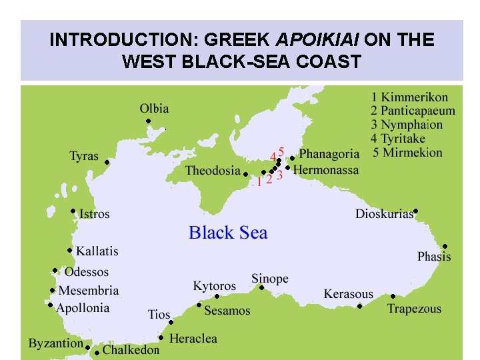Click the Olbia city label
[154, 109]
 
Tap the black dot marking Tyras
[107, 162]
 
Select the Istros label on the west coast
[94, 215]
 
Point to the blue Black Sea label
[228, 233]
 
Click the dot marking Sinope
[261, 288]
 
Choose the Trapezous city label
[414, 309]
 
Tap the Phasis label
[434, 257]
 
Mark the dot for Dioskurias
[415, 211]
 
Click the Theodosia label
[213, 171]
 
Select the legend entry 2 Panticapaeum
[413, 111]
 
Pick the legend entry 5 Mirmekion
[407, 153]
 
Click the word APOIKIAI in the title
[320, 40]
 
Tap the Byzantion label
[56, 344]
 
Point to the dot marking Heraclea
[161, 337]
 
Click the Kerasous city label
[348, 294]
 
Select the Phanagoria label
[329, 154]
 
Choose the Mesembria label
[89, 291]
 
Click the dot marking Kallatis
[70, 251]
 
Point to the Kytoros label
[215, 286]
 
